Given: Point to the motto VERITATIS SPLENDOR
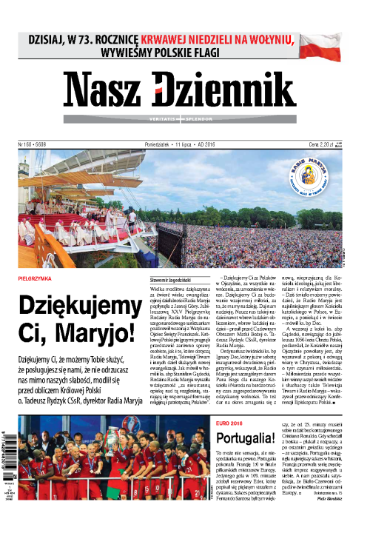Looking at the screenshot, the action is pos(184,118).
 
